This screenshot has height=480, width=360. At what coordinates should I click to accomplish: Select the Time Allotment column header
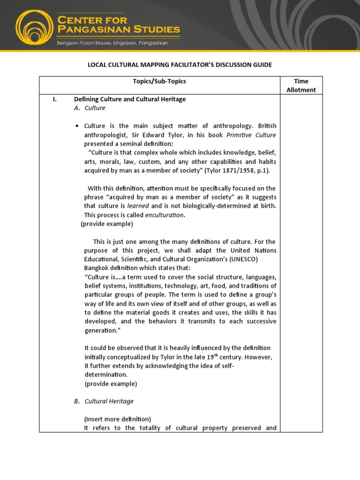tap(301, 85)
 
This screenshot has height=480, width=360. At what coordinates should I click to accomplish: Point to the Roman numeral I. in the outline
tap(54, 99)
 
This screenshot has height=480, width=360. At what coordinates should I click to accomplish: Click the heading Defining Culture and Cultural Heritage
tap(130, 99)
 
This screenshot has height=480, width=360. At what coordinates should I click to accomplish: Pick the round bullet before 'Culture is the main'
tap(77, 126)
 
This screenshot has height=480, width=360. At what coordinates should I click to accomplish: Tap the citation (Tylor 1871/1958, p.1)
tap(237, 170)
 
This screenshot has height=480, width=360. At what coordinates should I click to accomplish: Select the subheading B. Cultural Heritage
tap(104, 401)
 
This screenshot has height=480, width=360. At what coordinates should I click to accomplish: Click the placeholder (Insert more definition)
tap(118, 419)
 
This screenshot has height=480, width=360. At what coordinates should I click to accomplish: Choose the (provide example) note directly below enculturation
tap(107, 224)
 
